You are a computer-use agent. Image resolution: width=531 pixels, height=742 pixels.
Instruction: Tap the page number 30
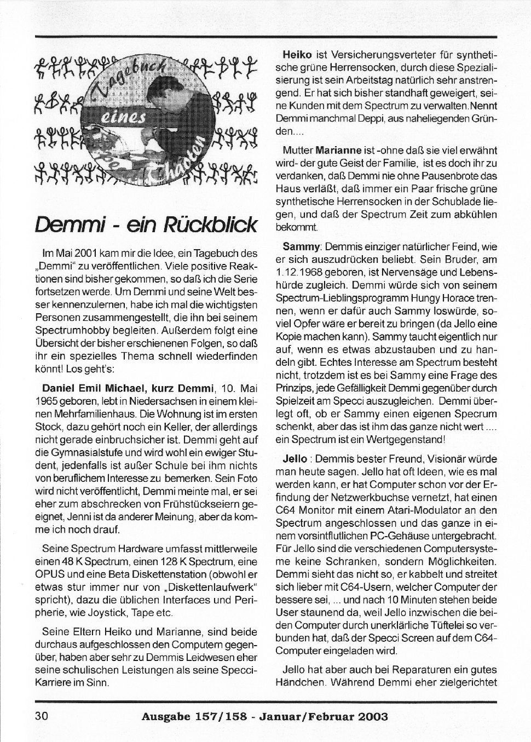point(42,716)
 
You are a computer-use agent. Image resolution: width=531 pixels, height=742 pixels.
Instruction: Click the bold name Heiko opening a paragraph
point(297,55)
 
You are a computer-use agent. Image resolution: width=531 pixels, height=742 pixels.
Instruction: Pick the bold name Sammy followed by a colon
point(300,247)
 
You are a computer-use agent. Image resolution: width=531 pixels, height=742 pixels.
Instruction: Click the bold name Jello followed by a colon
point(295,459)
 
